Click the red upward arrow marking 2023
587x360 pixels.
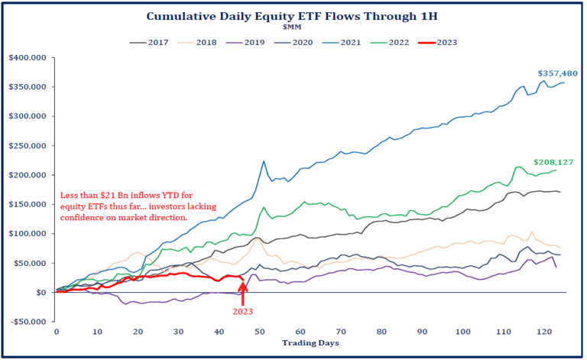243,294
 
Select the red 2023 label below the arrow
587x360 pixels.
243,311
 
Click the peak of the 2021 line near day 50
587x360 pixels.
264,161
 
